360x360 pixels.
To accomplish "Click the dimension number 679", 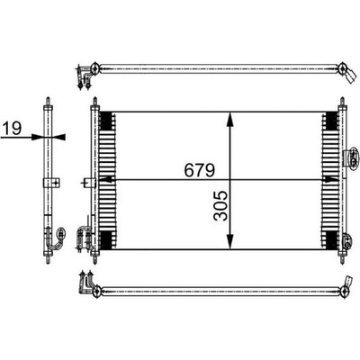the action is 200,170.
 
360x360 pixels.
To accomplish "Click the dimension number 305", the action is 220,206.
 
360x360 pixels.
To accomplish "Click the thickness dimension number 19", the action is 13,128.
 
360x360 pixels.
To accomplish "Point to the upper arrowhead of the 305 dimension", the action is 230,120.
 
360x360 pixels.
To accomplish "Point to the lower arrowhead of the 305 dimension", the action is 230,241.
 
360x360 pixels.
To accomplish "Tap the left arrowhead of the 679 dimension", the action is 105,180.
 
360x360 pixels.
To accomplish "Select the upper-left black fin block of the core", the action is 105,121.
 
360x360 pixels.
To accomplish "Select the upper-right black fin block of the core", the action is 331,121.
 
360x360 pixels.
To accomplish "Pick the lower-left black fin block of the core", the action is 105,240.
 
